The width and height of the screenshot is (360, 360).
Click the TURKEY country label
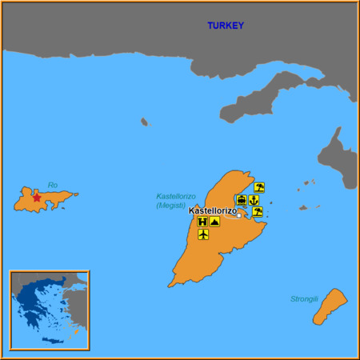[x=226, y=26]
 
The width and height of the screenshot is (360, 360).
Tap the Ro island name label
[x=53, y=185]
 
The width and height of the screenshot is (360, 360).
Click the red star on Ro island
[x=36, y=198]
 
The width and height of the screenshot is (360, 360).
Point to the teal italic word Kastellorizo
[x=176, y=196]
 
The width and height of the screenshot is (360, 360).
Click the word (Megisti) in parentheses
[x=171, y=205]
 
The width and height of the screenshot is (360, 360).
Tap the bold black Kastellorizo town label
[x=212, y=210]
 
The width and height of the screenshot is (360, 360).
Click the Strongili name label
[x=305, y=299]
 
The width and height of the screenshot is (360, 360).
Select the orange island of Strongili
[x=329, y=306]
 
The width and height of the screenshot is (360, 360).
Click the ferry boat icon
[x=242, y=200]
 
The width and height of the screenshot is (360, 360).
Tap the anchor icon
[x=254, y=200]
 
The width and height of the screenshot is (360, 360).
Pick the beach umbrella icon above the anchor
[x=258, y=188]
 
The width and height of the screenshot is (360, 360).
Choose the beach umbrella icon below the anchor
[x=258, y=212]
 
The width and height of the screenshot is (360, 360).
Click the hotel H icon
[x=202, y=222]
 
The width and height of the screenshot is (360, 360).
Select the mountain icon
[x=214, y=222]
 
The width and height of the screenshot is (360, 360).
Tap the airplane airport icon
[x=202, y=234]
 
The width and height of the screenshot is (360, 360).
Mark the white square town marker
[x=238, y=214]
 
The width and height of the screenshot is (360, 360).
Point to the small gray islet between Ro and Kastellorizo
[x=144, y=122]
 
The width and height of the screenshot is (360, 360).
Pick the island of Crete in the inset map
[x=51, y=342]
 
